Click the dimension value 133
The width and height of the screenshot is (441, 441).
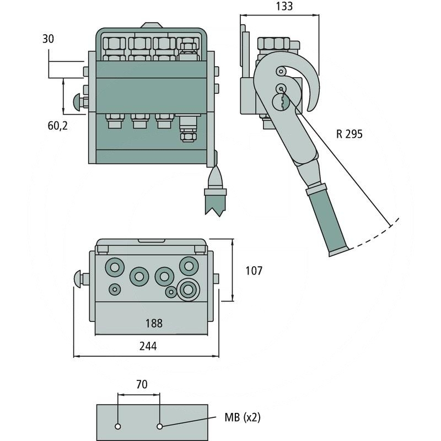coord(284,7)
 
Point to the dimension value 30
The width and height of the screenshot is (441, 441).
coord(49,39)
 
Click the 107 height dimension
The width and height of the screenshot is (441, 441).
coord(254,271)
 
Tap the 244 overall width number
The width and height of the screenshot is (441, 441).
coord(148,346)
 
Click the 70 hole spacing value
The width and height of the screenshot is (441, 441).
coord(142,385)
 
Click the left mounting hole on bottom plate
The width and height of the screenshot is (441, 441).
coord(118,427)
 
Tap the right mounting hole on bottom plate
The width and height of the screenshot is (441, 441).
coord(160,427)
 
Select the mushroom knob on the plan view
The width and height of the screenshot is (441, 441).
coord(80,278)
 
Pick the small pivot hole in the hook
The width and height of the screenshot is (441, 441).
coord(282,71)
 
